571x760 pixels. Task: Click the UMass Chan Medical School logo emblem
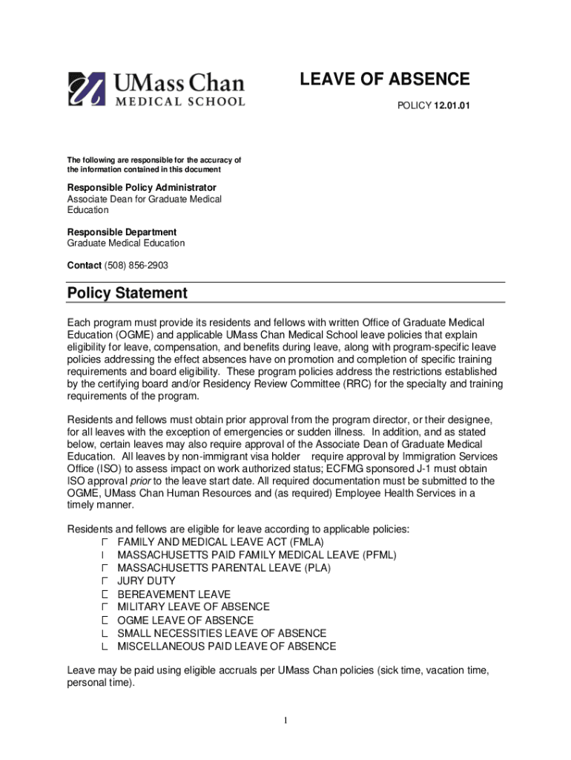(x=88, y=90)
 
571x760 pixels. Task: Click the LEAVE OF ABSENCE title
(x=384, y=79)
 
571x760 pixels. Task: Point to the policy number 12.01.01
(x=452, y=106)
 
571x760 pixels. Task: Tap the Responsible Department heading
(x=122, y=232)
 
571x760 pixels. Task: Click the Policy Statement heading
(x=127, y=293)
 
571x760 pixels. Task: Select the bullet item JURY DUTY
(x=146, y=581)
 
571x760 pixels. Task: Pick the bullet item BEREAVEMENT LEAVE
(x=174, y=594)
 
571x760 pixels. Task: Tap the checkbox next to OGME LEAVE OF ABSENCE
(x=105, y=620)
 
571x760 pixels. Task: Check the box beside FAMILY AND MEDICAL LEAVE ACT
(x=105, y=543)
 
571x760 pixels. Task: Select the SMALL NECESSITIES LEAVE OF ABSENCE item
(x=222, y=633)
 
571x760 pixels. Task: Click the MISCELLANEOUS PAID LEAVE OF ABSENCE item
(x=226, y=646)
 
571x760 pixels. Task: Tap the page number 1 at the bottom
(x=285, y=721)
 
